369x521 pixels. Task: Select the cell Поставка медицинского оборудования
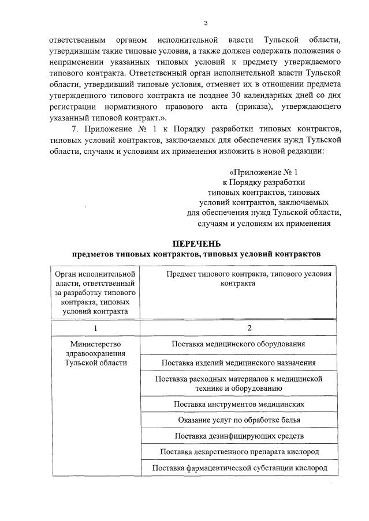pos(238,344)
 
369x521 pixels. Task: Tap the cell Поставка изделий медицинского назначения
pos(238,363)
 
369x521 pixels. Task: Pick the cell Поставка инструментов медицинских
pos(238,405)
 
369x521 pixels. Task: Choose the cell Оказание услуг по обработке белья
pos(238,420)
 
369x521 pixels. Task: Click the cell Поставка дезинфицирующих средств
pos(238,436)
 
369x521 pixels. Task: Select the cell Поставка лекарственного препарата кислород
pos(238,451)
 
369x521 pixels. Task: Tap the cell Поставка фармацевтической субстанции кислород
pos(238,467)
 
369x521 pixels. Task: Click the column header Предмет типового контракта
pos(249,279)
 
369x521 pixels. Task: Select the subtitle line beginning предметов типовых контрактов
pos(196,254)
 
